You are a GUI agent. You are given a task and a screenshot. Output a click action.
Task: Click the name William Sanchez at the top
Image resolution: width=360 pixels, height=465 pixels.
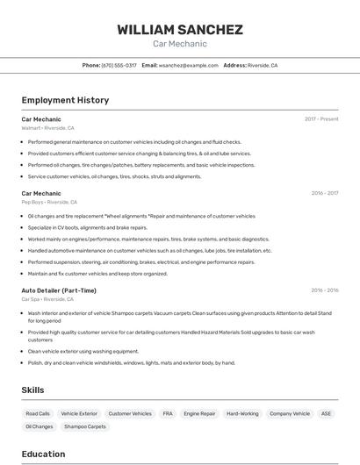point(180,29)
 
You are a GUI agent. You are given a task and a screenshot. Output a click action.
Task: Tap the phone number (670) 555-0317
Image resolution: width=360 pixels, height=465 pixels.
point(119,65)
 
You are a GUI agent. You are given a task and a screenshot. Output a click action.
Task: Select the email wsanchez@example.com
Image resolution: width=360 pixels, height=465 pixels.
point(189,65)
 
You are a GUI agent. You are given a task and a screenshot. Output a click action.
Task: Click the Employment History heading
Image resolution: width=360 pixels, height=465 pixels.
point(65,100)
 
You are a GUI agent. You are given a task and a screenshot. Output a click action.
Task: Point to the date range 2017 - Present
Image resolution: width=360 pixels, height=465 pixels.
point(321,119)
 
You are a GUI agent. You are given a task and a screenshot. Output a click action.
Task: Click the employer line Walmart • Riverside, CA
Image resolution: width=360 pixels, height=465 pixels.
point(49,128)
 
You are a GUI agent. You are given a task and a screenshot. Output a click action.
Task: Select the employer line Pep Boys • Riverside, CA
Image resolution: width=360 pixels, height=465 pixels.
point(49,202)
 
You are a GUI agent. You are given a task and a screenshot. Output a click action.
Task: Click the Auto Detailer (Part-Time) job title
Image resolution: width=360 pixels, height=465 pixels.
point(59,290)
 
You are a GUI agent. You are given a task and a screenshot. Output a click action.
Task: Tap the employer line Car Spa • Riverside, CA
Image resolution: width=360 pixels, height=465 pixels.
point(49,299)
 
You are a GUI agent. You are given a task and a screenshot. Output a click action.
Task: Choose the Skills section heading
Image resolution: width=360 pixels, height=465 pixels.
point(33,390)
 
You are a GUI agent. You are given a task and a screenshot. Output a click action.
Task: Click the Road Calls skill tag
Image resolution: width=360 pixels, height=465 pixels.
point(38,413)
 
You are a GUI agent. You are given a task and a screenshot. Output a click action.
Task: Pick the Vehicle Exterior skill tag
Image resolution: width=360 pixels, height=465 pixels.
point(79,413)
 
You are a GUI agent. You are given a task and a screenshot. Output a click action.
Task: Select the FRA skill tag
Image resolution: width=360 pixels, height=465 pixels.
point(168,413)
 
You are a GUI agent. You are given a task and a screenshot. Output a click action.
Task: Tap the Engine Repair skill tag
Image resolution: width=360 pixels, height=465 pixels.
point(199,413)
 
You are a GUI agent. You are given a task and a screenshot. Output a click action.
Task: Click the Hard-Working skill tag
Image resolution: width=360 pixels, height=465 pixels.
point(242,413)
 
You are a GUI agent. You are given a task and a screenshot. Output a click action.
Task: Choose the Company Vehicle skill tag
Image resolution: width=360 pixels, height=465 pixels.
point(290,413)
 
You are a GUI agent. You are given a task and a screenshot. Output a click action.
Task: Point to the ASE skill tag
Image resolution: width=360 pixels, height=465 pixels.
point(327,413)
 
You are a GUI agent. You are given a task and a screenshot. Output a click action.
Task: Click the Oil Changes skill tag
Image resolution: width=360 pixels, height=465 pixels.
point(40,426)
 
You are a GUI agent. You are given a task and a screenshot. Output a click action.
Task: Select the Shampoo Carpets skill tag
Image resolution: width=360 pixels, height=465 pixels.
point(85,426)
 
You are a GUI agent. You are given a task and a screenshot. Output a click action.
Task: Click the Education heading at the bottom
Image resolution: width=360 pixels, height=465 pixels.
point(43,454)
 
